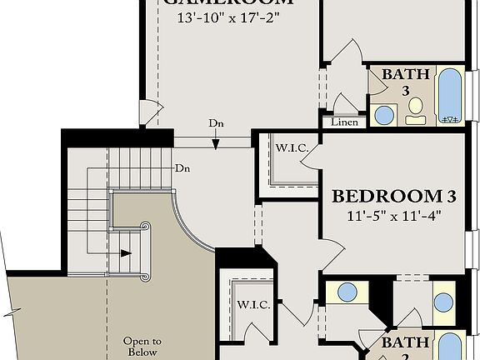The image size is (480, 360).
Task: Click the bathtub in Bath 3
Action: point(451,96)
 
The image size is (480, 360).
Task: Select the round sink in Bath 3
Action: point(384,114)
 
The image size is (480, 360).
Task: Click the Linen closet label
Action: point(344,122)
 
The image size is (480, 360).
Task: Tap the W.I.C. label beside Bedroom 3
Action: point(292,148)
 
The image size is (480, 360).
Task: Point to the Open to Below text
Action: point(142,347)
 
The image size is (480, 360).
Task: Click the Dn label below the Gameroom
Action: point(217,123)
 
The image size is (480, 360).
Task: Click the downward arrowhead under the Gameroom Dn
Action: point(216,144)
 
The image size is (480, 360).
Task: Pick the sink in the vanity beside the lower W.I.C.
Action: point(347,292)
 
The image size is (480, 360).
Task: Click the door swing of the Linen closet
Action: point(342,103)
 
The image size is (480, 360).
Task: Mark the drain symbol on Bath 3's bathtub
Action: point(451,119)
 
